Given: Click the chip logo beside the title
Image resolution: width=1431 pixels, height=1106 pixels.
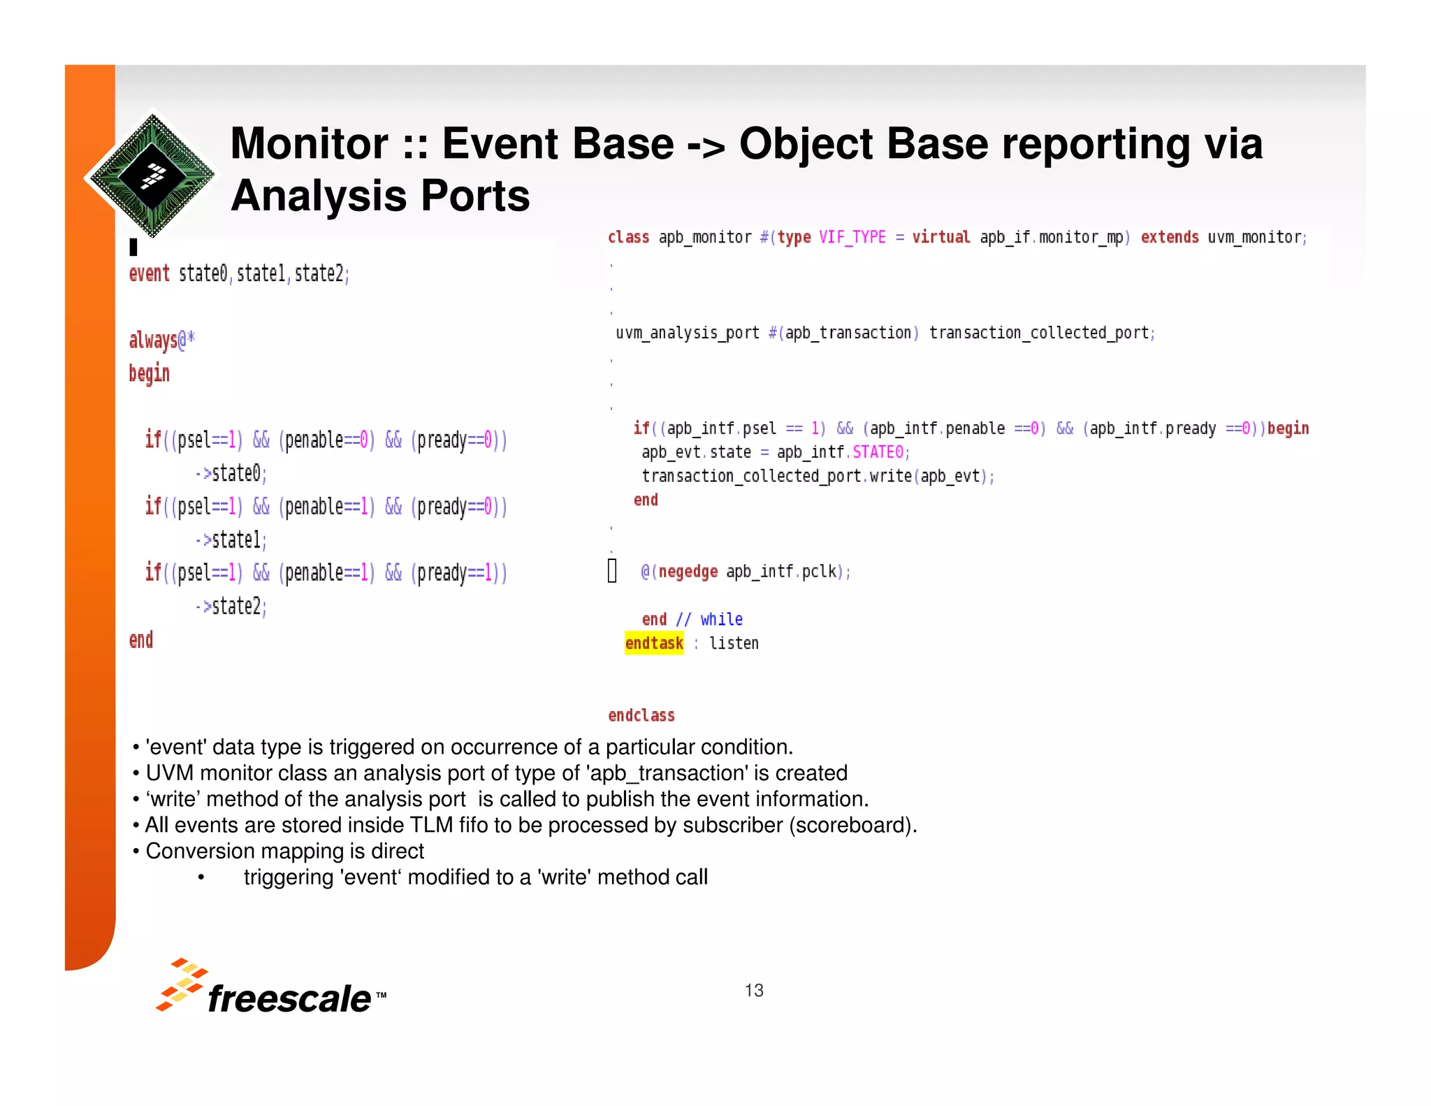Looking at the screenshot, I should coord(152,175).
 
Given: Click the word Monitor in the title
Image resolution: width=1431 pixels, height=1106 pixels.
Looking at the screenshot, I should coord(309,144).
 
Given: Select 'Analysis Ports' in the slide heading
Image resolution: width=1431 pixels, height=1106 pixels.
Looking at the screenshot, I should coord(380,196).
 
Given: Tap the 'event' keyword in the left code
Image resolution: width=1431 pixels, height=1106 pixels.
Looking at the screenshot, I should coord(149,273).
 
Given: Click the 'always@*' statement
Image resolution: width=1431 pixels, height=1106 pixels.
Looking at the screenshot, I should coord(161,340).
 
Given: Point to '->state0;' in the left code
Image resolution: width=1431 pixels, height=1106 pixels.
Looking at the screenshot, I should coord(231,473).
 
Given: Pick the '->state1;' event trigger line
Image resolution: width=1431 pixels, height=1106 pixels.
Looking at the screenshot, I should coord(231,540).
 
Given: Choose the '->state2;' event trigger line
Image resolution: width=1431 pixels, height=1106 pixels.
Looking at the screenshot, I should coord(231,606).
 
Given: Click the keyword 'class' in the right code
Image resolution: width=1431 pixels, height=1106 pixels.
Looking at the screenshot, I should coord(628,238).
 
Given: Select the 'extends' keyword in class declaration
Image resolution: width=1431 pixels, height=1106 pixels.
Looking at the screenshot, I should coord(1170,238).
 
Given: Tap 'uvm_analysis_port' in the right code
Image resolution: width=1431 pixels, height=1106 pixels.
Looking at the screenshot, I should coord(687,333).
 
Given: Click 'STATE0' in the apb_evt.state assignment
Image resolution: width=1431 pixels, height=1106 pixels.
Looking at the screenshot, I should coord(878,452).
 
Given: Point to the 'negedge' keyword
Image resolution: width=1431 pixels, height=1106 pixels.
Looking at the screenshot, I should coord(688,572).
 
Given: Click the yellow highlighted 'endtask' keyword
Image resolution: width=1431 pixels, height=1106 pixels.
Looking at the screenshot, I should coord(654,643).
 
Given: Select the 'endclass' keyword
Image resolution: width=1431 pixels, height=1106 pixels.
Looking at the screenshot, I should coord(641,715).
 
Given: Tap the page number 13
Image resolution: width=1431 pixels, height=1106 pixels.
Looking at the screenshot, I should coord(754,990).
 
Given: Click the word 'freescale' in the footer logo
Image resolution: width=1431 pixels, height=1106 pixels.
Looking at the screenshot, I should coord(289,998).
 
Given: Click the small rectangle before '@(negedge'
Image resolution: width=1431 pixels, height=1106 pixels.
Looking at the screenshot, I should coord(612,570).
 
